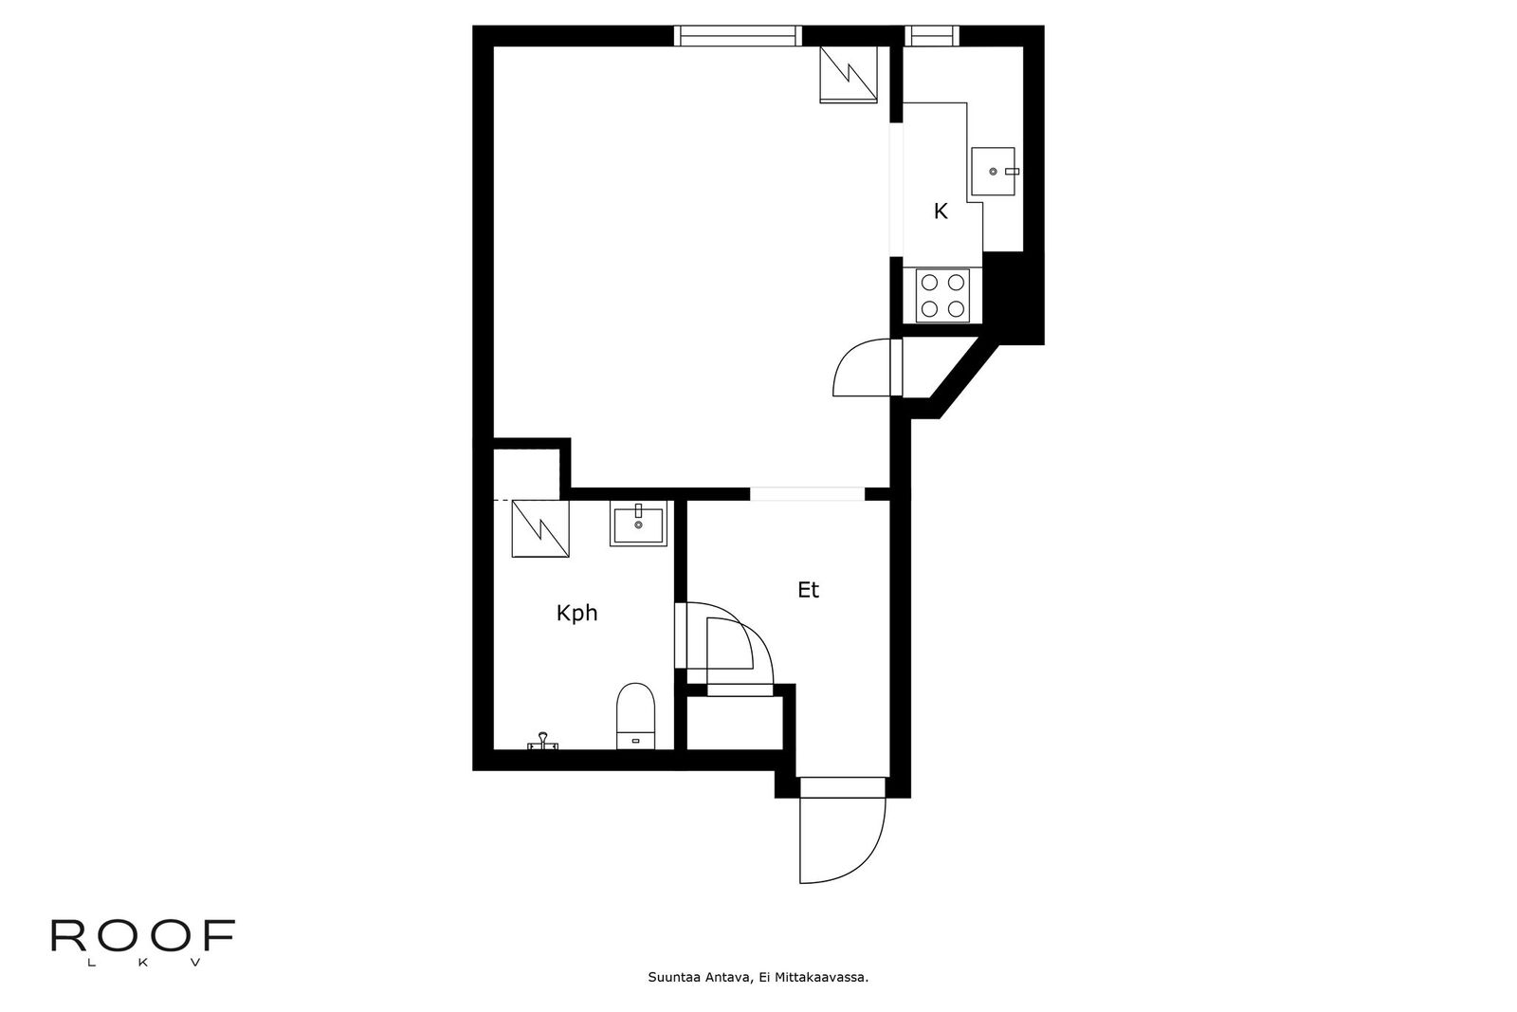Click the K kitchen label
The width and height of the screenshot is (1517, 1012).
pyautogui.click(x=940, y=212)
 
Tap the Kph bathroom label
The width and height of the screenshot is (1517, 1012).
pyautogui.click(x=576, y=614)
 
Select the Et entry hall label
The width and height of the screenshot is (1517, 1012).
pyautogui.click(x=808, y=590)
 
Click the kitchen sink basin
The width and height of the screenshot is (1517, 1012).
pyautogui.click(x=994, y=172)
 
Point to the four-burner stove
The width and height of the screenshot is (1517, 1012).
pyautogui.click(x=942, y=295)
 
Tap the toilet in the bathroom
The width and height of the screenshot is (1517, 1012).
pyautogui.click(x=635, y=716)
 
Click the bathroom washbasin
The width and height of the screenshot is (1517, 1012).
pyautogui.click(x=638, y=523)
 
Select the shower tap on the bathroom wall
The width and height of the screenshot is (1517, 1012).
pyautogui.click(x=542, y=742)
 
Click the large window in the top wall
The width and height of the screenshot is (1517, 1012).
pyautogui.click(x=738, y=36)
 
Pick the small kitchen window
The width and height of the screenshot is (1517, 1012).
pyautogui.click(x=933, y=36)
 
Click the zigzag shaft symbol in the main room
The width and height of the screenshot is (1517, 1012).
pyautogui.click(x=849, y=75)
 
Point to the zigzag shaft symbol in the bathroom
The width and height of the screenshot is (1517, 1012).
pyautogui.click(x=540, y=528)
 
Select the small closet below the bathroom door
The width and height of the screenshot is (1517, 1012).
pyautogui.click(x=735, y=723)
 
